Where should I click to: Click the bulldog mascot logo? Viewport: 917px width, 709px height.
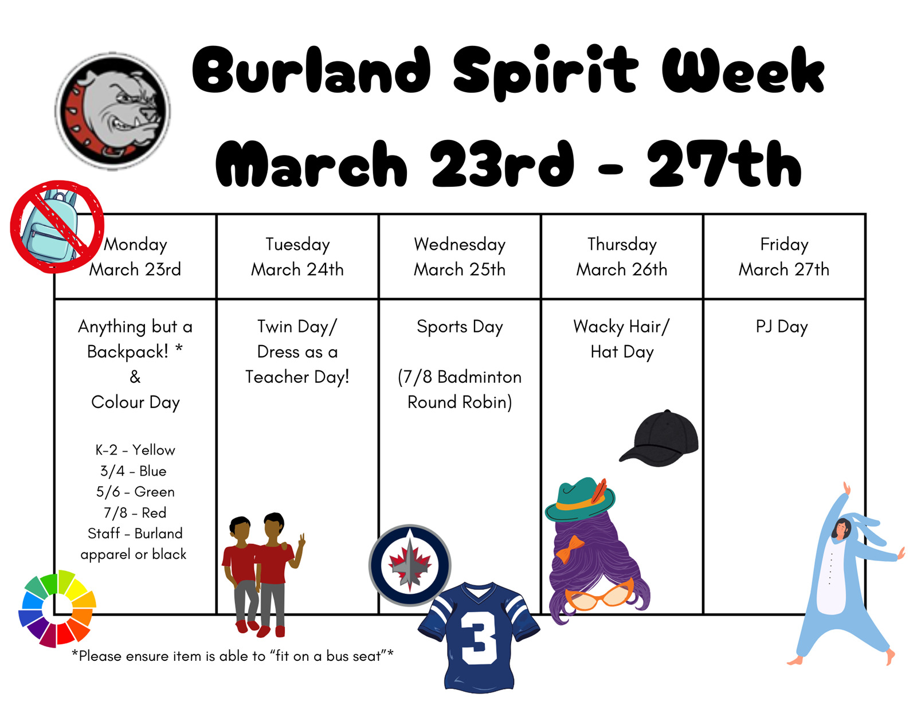112,111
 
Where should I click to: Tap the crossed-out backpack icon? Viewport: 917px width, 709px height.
57,226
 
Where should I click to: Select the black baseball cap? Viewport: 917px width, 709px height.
659,438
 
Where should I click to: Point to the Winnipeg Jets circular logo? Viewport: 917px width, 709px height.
410,565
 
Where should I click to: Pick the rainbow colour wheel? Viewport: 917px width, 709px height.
57,608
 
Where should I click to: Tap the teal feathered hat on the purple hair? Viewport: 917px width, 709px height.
580,499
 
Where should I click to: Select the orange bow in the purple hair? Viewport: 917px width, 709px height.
569,549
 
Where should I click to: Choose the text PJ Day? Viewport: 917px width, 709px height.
782,327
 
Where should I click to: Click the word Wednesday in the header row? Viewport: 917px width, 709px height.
460,244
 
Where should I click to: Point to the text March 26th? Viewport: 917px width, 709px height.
622,269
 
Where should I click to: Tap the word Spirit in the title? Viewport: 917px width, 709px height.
545,71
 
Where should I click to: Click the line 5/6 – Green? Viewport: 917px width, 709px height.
135,492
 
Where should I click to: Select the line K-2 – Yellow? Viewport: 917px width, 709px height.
135,451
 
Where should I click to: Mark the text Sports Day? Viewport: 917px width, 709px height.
460,327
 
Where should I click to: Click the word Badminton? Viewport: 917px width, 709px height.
479,377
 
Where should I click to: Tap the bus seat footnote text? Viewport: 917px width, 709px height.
233,656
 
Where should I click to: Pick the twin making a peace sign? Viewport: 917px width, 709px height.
279,574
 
